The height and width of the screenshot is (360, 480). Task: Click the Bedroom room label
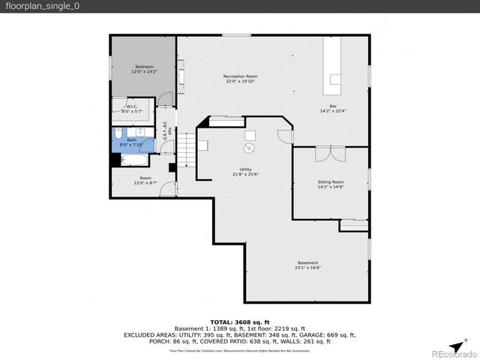[144, 67]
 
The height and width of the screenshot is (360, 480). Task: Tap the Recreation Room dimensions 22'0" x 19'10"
[240, 82]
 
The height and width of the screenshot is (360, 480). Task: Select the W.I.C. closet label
[131, 106]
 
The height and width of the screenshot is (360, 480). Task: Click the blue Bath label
[131, 139]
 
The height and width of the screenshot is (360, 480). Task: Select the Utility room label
[245, 169]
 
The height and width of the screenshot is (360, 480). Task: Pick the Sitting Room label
[330, 181]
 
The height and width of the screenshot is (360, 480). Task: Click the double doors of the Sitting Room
[330, 154]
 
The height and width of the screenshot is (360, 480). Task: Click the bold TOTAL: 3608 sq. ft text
[240, 321]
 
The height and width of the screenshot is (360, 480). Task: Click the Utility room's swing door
[283, 136]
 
